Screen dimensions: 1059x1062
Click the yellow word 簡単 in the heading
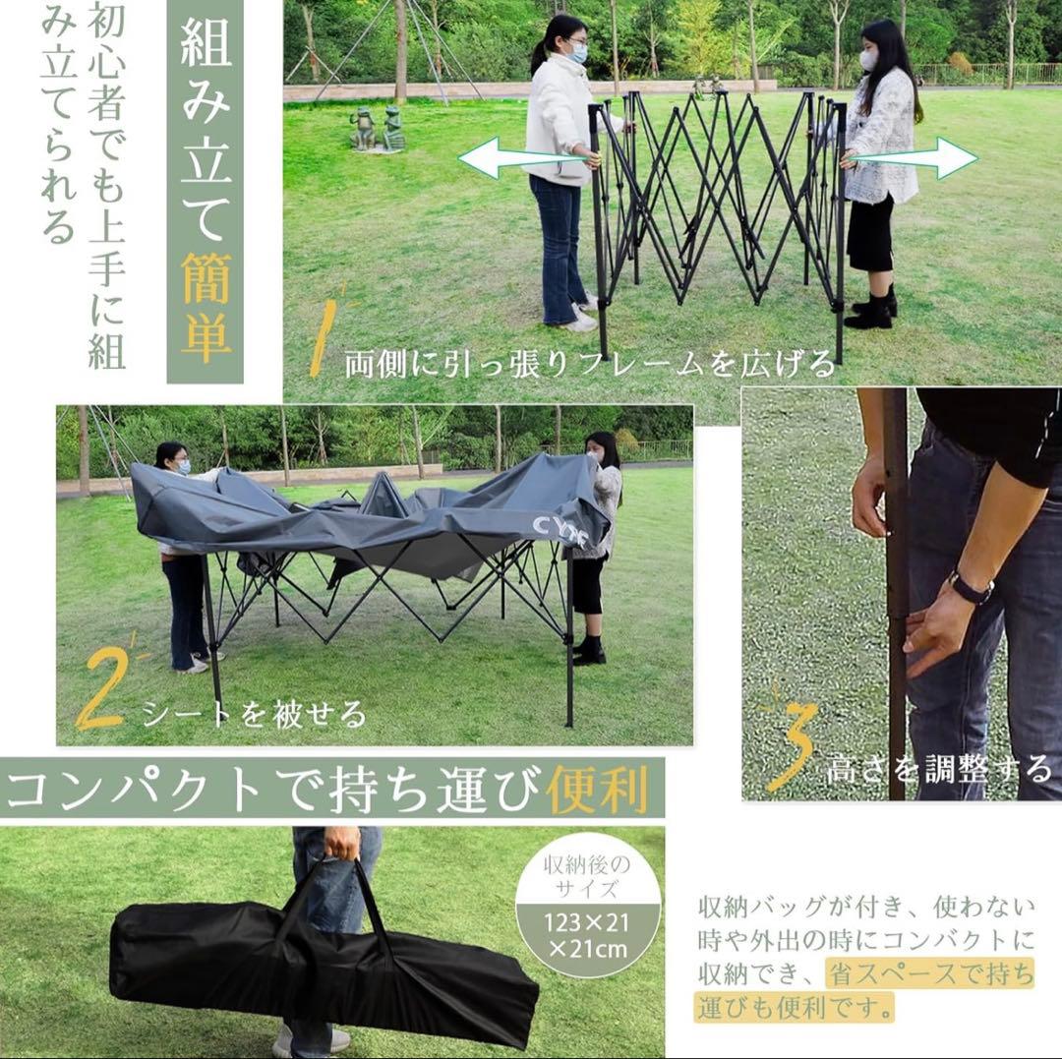[206, 304]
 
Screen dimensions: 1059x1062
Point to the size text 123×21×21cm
[588, 935]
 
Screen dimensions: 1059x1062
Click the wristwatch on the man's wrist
[970, 589]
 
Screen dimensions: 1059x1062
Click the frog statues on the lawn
[379, 130]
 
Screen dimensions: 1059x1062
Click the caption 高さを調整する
[938, 768]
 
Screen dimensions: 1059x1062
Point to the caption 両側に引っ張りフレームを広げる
[589, 365]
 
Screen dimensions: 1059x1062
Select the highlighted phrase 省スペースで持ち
[930, 974]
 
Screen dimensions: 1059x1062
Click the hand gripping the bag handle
[342, 843]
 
